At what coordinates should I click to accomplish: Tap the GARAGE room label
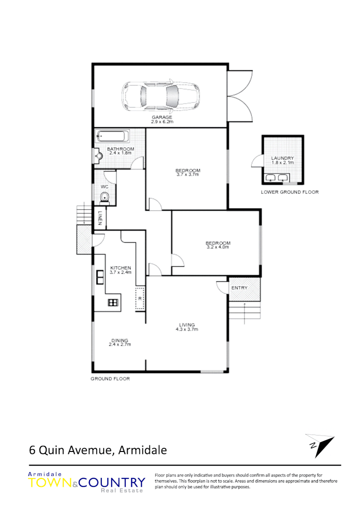[x=162, y=117]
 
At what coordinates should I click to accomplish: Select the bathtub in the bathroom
[x=112, y=137]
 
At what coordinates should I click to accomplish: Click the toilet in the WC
[x=105, y=197]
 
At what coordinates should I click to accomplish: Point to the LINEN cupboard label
[x=100, y=218]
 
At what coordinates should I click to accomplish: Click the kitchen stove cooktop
[x=113, y=303]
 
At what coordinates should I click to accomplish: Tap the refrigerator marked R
[x=140, y=298]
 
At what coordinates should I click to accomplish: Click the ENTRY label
[x=239, y=288]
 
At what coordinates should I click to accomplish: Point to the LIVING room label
[x=187, y=324]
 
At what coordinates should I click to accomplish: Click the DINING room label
[x=120, y=340]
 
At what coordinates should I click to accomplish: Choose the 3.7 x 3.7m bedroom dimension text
[x=188, y=175]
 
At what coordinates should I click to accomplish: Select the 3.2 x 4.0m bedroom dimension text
[x=217, y=247]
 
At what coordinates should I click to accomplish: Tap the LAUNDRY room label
[x=283, y=158]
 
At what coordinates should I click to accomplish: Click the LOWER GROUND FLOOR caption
[x=290, y=192]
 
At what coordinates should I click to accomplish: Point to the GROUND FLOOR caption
[x=110, y=378]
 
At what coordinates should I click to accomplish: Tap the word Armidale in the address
[x=143, y=450]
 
